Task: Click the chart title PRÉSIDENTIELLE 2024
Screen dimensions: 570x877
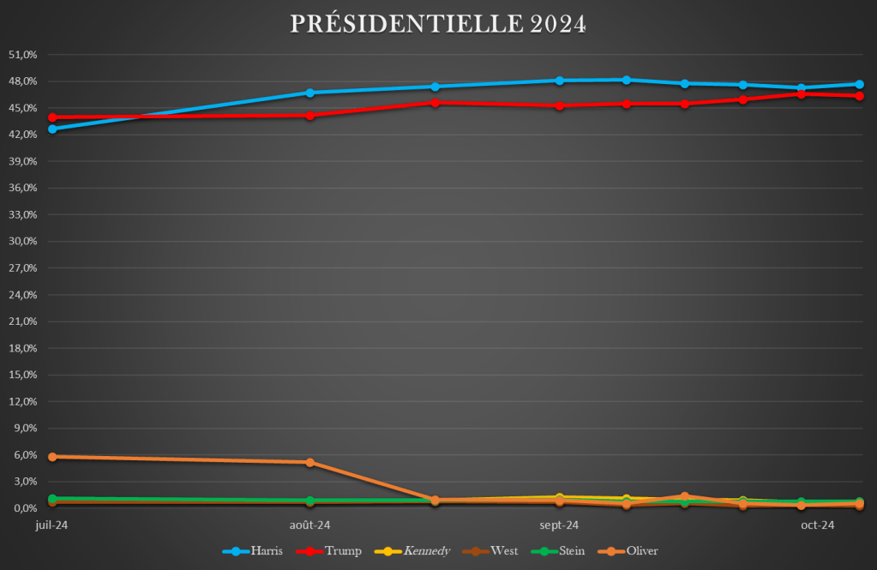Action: tap(438, 24)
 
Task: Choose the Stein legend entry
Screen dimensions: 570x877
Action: tap(558, 551)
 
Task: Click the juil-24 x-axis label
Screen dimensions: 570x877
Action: tap(51, 525)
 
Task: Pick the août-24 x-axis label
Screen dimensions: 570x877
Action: tap(309, 525)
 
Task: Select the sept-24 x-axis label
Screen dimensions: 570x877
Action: tap(559, 525)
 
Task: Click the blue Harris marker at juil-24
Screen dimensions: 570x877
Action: tap(52, 129)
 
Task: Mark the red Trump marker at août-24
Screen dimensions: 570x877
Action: tap(309, 115)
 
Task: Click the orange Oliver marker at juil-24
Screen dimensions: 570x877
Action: tap(52, 457)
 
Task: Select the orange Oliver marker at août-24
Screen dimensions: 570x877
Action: tap(309, 462)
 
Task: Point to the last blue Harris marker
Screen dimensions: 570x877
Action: tap(858, 84)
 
